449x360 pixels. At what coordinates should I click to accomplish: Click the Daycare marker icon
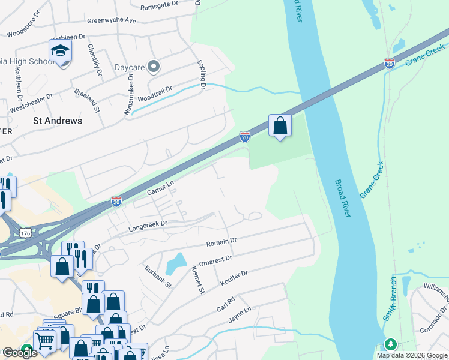tap(154, 67)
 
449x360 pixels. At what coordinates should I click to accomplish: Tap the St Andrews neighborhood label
tap(58, 121)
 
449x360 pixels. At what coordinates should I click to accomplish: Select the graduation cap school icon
tap(60, 51)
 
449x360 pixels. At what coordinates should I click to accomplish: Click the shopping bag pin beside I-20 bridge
tap(280, 125)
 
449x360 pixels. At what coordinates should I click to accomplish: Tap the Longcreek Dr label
tap(147, 226)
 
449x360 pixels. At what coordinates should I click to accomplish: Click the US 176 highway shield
tap(25, 232)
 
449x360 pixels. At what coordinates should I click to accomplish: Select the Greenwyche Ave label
tap(112, 20)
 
